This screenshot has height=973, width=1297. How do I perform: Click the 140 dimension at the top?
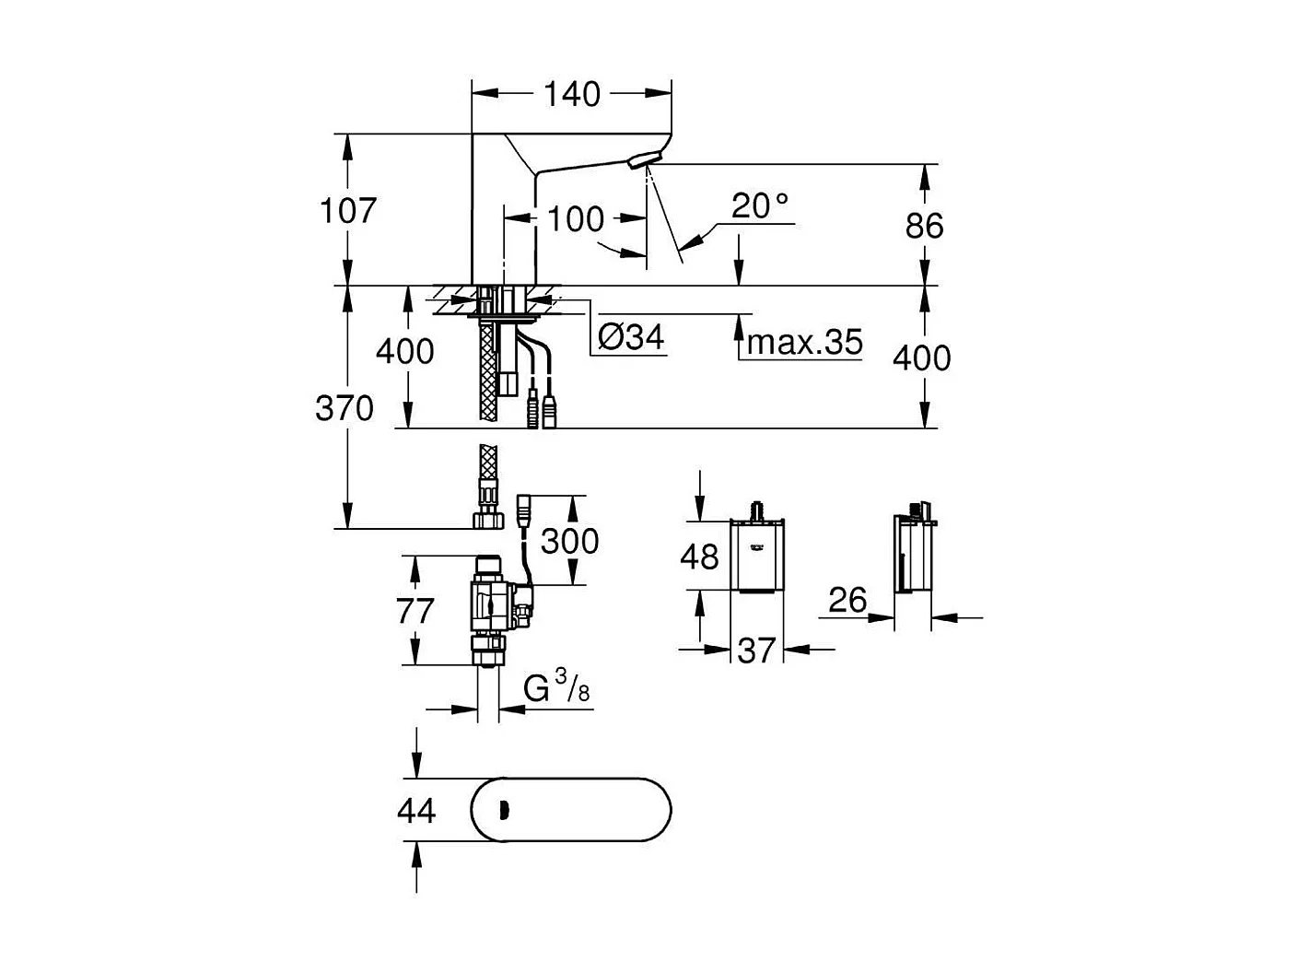(x=571, y=94)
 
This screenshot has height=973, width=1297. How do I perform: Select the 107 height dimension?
(x=348, y=211)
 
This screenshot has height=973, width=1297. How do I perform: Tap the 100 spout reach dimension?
(x=576, y=219)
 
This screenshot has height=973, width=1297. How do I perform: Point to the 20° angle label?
(x=761, y=206)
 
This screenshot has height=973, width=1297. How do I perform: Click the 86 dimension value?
(x=924, y=226)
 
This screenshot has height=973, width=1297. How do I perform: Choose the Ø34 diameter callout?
(x=631, y=338)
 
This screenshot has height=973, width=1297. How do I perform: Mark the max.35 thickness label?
(x=805, y=343)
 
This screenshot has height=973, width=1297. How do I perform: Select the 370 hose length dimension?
(x=345, y=408)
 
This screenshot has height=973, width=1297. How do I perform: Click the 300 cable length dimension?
(x=569, y=541)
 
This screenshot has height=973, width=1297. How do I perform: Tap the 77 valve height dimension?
(x=415, y=611)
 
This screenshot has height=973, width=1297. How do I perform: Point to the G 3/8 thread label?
(x=556, y=689)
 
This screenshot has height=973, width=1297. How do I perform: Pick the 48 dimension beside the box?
(x=699, y=556)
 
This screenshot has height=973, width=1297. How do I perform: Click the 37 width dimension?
(x=757, y=651)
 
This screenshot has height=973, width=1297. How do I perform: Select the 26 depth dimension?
(x=847, y=601)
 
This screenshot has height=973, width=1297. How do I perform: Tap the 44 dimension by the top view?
(x=416, y=811)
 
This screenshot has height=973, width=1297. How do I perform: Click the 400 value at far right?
(x=922, y=358)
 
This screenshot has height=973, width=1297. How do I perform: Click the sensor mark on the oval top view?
(x=502, y=811)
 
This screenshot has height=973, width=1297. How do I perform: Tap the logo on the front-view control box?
(x=758, y=551)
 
